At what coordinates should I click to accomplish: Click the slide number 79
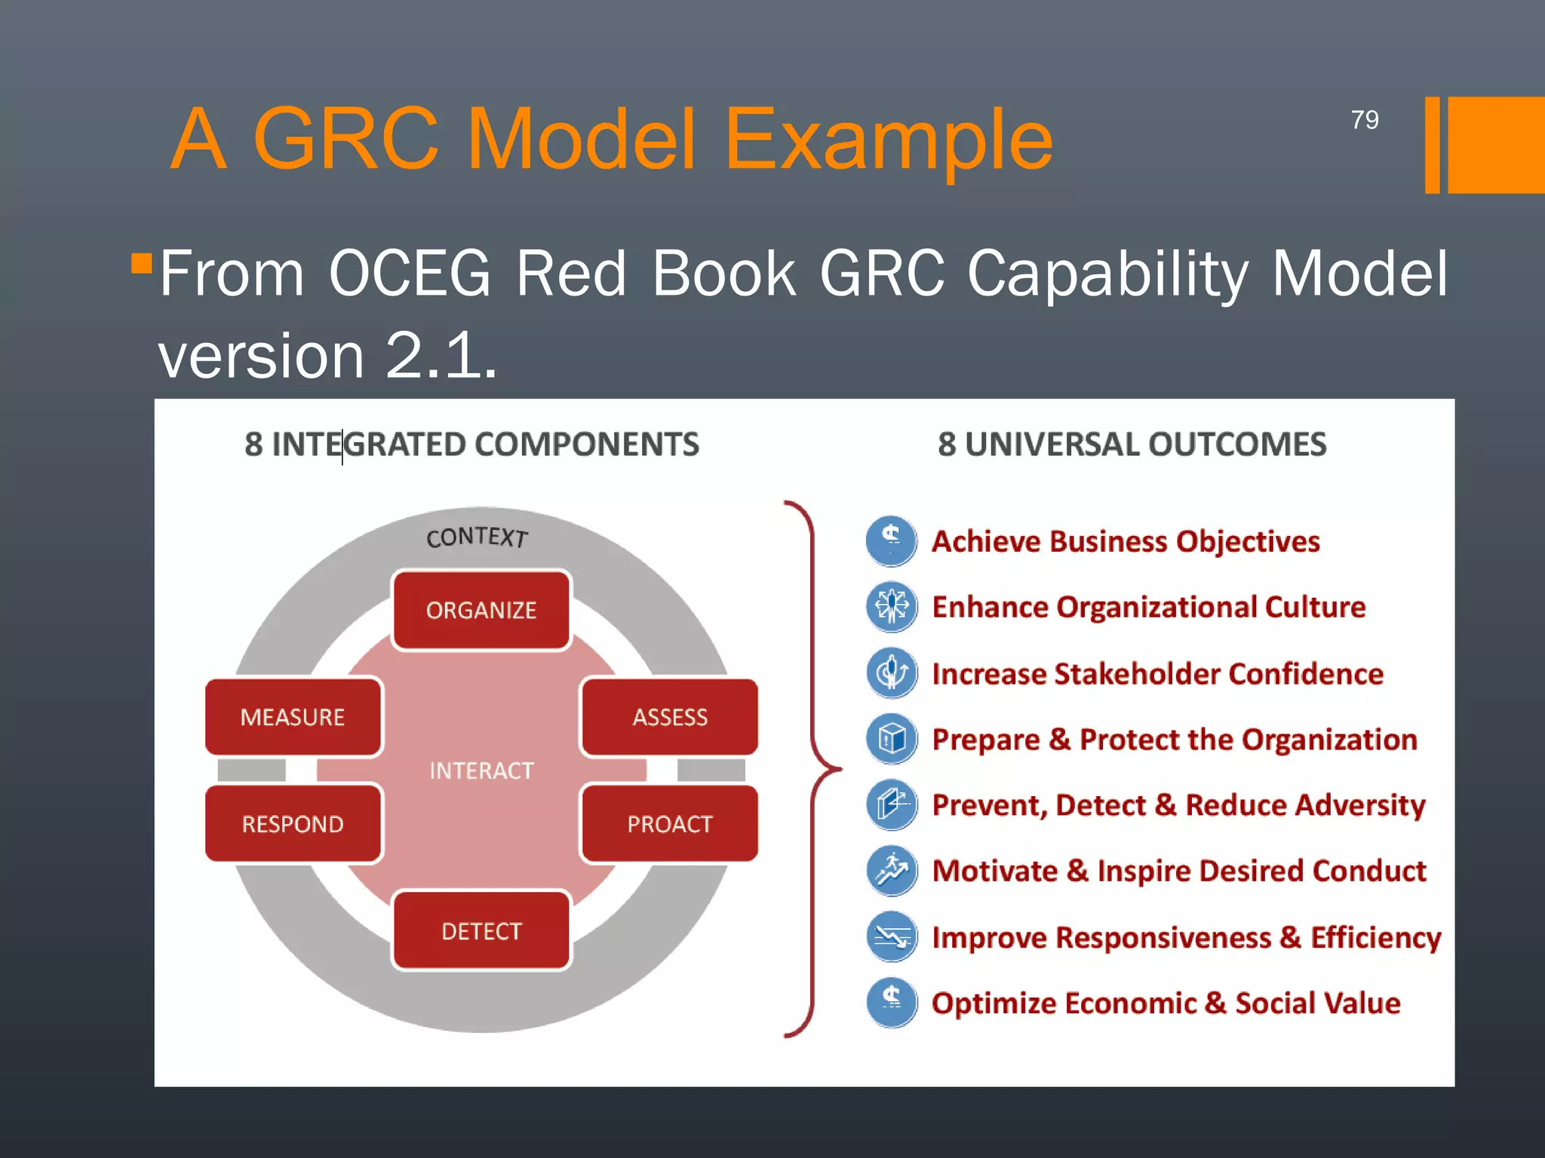(x=1364, y=120)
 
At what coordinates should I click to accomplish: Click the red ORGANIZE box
(x=481, y=610)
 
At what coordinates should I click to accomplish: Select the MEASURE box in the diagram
(x=293, y=717)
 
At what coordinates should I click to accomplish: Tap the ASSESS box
(x=669, y=717)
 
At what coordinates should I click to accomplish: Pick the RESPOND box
(x=293, y=824)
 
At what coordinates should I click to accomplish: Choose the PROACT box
(x=669, y=824)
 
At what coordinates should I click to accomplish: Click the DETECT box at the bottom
(x=481, y=931)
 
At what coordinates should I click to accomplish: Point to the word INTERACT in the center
(x=481, y=770)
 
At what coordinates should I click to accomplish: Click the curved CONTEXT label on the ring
(x=477, y=537)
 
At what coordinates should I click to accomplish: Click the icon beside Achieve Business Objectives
(x=892, y=541)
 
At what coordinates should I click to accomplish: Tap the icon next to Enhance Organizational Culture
(x=892, y=606)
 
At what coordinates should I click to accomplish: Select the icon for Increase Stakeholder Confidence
(x=892, y=672)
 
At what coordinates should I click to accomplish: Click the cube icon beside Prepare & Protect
(x=892, y=738)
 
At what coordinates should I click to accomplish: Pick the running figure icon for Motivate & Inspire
(x=892, y=870)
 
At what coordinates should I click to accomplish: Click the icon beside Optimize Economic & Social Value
(x=892, y=1002)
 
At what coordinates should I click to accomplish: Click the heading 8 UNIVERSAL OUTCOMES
(x=1132, y=444)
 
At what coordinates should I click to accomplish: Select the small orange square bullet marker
(x=141, y=263)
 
